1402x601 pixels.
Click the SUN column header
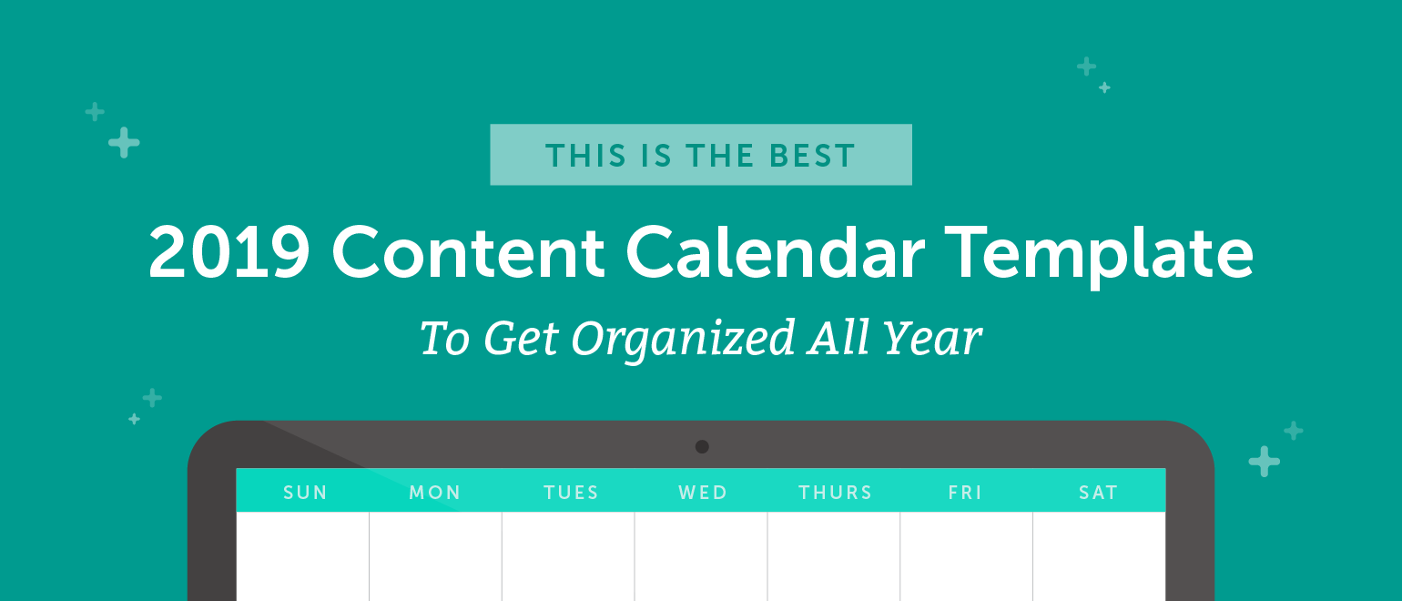(x=305, y=493)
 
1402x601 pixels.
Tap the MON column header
(x=435, y=493)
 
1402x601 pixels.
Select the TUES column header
(x=571, y=493)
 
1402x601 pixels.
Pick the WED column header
(x=703, y=493)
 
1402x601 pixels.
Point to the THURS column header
(x=835, y=493)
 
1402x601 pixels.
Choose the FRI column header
(x=965, y=493)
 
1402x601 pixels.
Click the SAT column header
(x=1098, y=493)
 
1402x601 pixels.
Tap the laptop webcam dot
(x=702, y=446)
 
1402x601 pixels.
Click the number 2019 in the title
(x=229, y=252)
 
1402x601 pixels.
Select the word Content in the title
(x=468, y=252)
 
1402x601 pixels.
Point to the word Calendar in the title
(x=775, y=251)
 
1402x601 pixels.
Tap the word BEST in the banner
(x=812, y=156)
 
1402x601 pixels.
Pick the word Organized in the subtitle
(x=683, y=340)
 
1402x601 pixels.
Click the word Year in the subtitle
(x=931, y=338)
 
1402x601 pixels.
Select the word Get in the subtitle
(x=521, y=338)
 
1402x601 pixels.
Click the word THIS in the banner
(x=586, y=156)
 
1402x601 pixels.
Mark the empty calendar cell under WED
(x=701, y=556)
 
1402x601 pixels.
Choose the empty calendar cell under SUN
(x=302, y=556)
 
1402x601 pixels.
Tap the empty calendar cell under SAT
(x=1100, y=556)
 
